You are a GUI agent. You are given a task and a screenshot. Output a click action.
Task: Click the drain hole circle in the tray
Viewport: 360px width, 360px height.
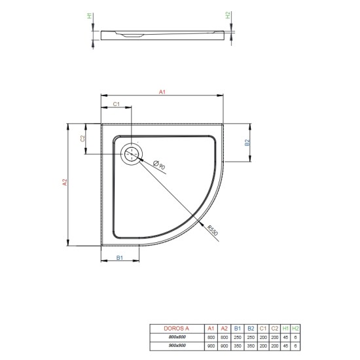(132, 154)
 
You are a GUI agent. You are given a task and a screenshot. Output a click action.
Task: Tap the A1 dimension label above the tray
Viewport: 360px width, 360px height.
(162, 94)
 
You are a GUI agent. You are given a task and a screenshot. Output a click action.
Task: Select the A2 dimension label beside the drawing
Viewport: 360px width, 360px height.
(65, 184)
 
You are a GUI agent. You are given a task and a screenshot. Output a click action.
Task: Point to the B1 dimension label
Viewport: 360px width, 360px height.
(120, 259)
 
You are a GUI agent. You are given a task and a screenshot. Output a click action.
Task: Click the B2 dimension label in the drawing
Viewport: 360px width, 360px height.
(247, 143)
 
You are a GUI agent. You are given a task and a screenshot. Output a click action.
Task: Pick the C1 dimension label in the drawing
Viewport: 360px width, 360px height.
(116, 104)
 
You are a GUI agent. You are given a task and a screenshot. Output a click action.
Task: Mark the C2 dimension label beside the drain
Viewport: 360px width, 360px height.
(83, 138)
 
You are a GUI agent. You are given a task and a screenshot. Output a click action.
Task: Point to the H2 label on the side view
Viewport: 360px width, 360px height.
(228, 17)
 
